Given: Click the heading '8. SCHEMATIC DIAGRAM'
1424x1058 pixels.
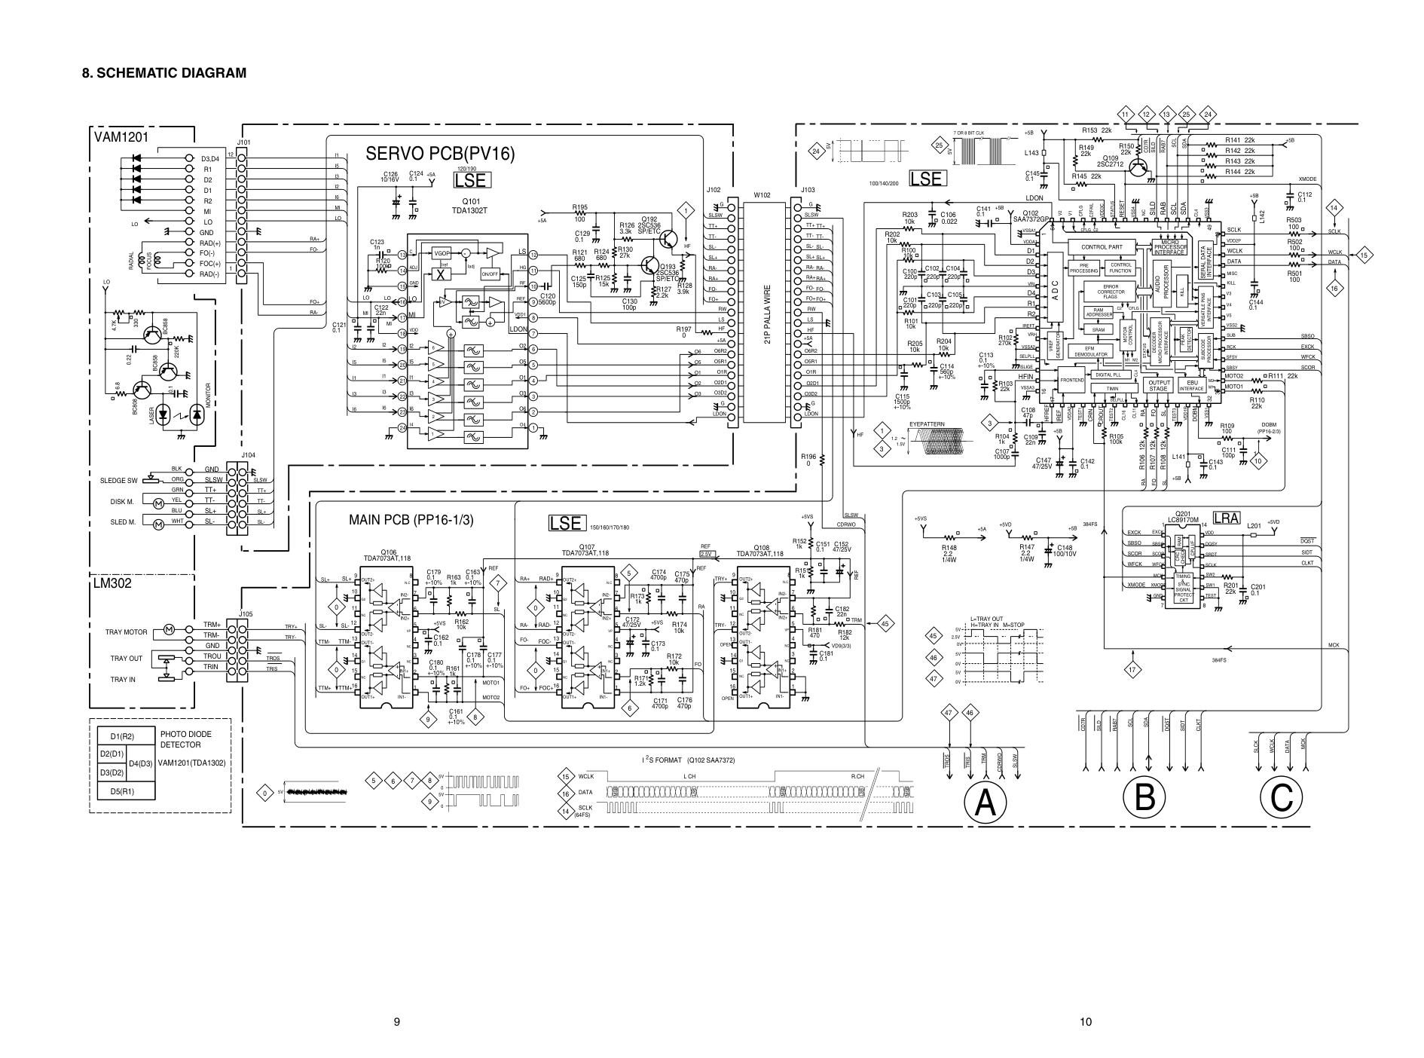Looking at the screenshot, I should (x=164, y=73).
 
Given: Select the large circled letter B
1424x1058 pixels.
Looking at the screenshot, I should (x=1144, y=797).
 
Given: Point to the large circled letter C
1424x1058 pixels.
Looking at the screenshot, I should (x=1283, y=797).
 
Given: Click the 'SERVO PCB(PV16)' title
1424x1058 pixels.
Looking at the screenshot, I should (x=440, y=154).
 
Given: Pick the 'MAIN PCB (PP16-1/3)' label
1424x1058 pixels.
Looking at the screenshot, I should (x=411, y=520).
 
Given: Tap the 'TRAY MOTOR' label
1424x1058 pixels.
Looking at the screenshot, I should (x=126, y=632).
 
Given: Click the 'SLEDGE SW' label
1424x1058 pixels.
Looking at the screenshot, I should (x=119, y=480).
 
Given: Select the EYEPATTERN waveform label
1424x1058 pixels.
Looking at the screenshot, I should (x=927, y=424).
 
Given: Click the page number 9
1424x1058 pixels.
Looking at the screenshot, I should (x=396, y=1023).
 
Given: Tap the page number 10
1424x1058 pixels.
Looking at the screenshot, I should (x=1085, y=1023).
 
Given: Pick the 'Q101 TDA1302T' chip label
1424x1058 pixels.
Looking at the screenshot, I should (x=470, y=206).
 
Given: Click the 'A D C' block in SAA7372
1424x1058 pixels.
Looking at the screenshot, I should (x=1055, y=292).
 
